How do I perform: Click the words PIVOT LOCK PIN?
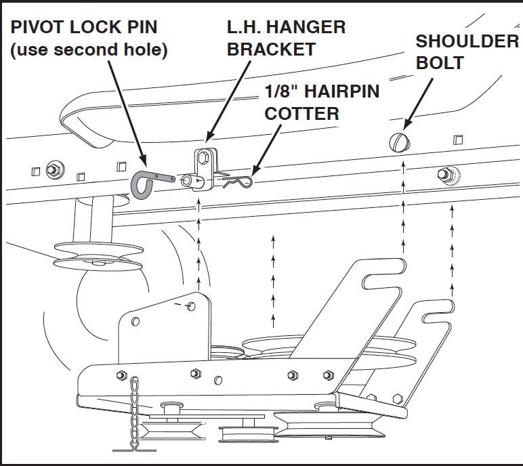click(83, 28)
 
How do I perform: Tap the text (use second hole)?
click(88, 51)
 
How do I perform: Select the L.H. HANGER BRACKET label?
click(285, 38)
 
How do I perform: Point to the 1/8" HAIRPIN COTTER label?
click(322, 102)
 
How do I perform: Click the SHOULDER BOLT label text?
click(466, 51)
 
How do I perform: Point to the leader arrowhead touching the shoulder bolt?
click(405, 127)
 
